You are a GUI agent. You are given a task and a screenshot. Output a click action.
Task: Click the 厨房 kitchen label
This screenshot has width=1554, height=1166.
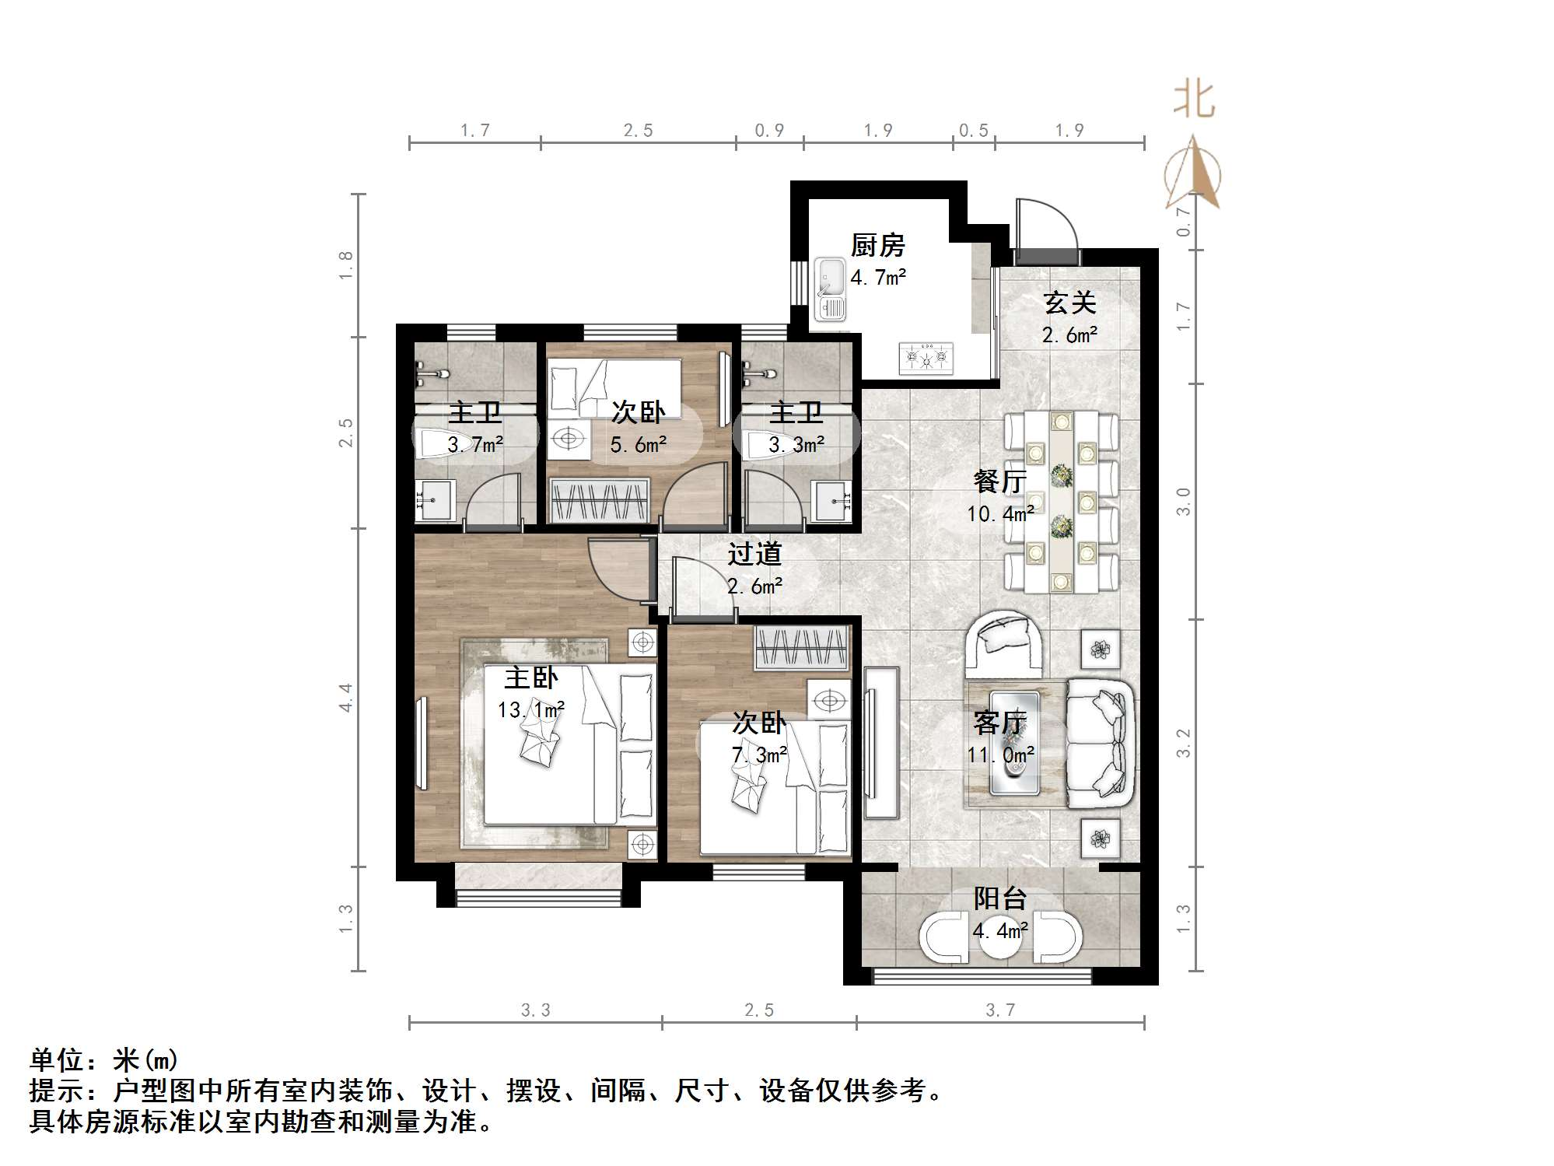click(877, 246)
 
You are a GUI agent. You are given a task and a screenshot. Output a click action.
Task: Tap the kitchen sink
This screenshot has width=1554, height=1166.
click(830, 289)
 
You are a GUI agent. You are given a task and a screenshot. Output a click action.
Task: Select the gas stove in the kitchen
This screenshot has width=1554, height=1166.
click(926, 358)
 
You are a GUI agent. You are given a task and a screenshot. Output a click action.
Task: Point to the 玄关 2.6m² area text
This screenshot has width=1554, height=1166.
click(1069, 335)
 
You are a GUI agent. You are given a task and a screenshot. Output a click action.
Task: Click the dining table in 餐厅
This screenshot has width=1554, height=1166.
click(1061, 502)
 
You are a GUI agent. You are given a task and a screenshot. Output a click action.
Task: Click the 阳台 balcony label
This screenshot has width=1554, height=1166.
click(1000, 898)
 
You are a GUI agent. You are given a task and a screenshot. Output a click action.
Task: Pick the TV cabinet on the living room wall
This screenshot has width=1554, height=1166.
click(880, 742)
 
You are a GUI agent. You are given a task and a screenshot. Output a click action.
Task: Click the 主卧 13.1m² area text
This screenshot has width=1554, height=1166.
click(531, 710)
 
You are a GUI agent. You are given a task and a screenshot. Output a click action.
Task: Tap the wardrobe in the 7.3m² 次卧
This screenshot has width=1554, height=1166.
click(802, 648)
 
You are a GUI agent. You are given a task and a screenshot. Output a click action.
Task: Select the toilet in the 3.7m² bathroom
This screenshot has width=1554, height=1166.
click(438, 444)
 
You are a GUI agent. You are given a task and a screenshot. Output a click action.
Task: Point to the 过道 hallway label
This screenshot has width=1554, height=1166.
click(754, 555)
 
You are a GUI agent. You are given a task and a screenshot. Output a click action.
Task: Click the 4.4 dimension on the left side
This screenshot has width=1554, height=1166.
click(345, 697)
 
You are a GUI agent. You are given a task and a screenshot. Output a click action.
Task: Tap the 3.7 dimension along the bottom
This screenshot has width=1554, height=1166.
click(1000, 1010)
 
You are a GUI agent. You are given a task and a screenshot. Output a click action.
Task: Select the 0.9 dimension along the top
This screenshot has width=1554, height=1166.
click(769, 130)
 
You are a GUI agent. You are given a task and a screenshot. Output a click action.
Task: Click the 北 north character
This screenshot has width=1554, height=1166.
click(1194, 100)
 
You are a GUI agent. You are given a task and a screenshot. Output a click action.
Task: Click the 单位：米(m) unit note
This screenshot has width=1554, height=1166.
click(103, 1059)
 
